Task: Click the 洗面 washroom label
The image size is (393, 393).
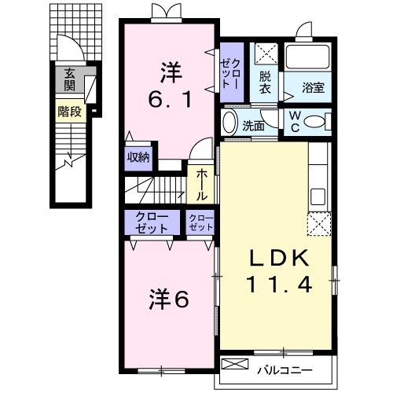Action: [253, 124]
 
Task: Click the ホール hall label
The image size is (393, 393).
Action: [202, 182]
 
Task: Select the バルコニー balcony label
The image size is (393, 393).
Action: [285, 369]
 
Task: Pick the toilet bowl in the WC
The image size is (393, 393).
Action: [316, 123]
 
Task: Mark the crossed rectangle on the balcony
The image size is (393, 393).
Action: [236, 365]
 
